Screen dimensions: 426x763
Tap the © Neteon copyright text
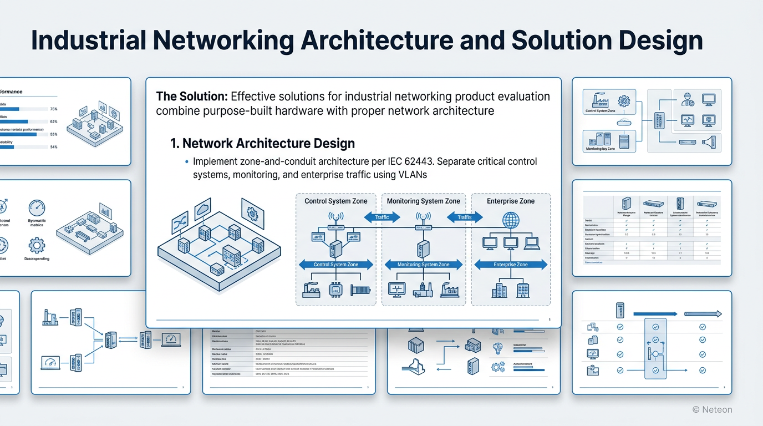coord(712,409)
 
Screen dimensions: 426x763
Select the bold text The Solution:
coord(191,97)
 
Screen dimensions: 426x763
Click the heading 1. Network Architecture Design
coord(262,144)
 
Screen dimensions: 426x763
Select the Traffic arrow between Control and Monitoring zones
coord(381,217)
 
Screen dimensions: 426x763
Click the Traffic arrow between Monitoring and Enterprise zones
coord(464,217)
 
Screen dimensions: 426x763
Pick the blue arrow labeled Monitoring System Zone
coord(424,265)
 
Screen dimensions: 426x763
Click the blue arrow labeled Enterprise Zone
coord(511,265)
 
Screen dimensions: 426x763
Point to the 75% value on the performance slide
coord(54,109)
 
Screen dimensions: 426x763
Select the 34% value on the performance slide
coord(54,147)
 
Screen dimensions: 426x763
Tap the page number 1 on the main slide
coord(549,320)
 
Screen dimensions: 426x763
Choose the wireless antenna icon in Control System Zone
coord(336,217)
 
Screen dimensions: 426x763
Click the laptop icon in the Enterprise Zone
coord(531,242)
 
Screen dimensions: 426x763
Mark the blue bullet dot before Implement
coord(186,162)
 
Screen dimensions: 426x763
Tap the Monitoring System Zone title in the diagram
coord(423,201)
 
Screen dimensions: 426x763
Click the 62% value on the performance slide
coord(54,121)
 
